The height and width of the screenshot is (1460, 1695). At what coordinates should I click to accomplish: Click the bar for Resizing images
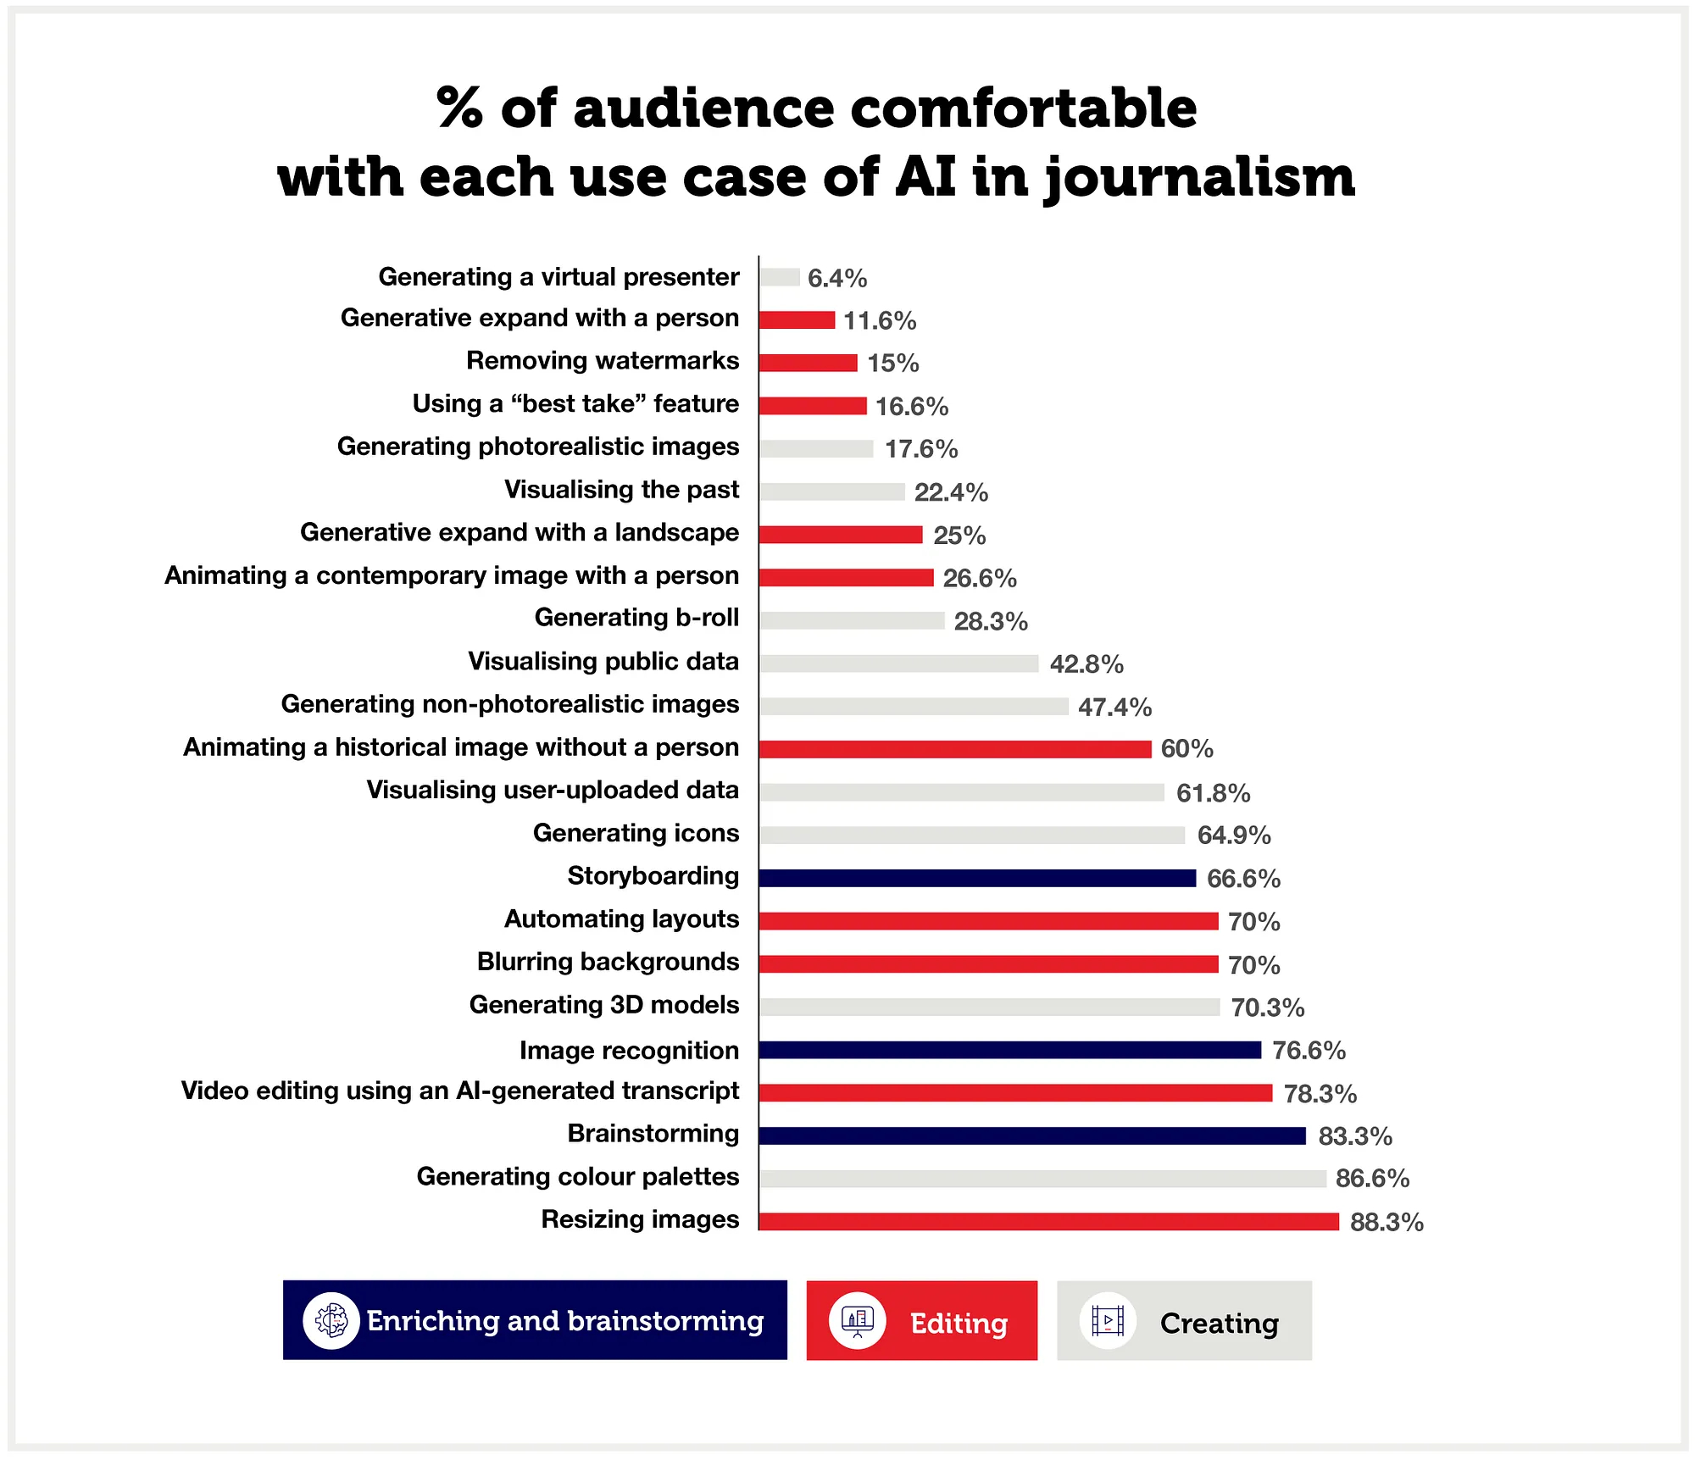(x=1048, y=1221)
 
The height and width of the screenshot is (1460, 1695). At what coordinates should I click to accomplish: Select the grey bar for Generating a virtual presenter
(x=780, y=277)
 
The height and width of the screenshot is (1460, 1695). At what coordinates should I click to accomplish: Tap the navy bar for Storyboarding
(x=977, y=878)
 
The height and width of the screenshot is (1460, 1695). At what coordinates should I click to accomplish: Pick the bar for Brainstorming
(x=1032, y=1135)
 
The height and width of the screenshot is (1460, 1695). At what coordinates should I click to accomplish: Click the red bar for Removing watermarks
(x=808, y=363)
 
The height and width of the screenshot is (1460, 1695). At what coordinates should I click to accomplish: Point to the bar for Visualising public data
(x=898, y=663)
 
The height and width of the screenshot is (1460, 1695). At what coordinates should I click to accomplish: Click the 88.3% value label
(x=1387, y=1222)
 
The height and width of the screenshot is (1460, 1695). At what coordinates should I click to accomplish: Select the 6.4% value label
(x=837, y=278)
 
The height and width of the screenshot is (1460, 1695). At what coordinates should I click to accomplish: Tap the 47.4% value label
(x=1114, y=707)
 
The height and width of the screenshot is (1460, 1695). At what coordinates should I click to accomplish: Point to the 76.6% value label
(x=1309, y=1051)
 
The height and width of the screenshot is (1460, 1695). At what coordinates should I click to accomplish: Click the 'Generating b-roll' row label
(x=636, y=618)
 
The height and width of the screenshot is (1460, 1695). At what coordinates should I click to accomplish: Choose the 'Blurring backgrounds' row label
(x=608, y=962)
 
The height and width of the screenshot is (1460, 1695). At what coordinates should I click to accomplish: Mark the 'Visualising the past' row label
(x=621, y=489)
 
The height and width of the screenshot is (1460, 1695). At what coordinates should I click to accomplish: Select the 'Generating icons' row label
(x=636, y=833)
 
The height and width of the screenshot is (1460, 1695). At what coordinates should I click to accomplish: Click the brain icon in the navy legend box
(x=331, y=1320)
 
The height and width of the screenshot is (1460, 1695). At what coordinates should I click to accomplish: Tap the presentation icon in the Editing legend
(x=857, y=1320)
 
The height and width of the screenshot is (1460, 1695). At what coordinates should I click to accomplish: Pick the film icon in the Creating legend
(x=1108, y=1320)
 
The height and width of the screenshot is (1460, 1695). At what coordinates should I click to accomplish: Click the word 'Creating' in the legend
(x=1219, y=1323)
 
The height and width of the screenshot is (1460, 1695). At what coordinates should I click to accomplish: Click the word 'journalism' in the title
(x=1199, y=178)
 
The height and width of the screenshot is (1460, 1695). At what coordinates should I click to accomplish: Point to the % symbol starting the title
(x=460, y=108)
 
